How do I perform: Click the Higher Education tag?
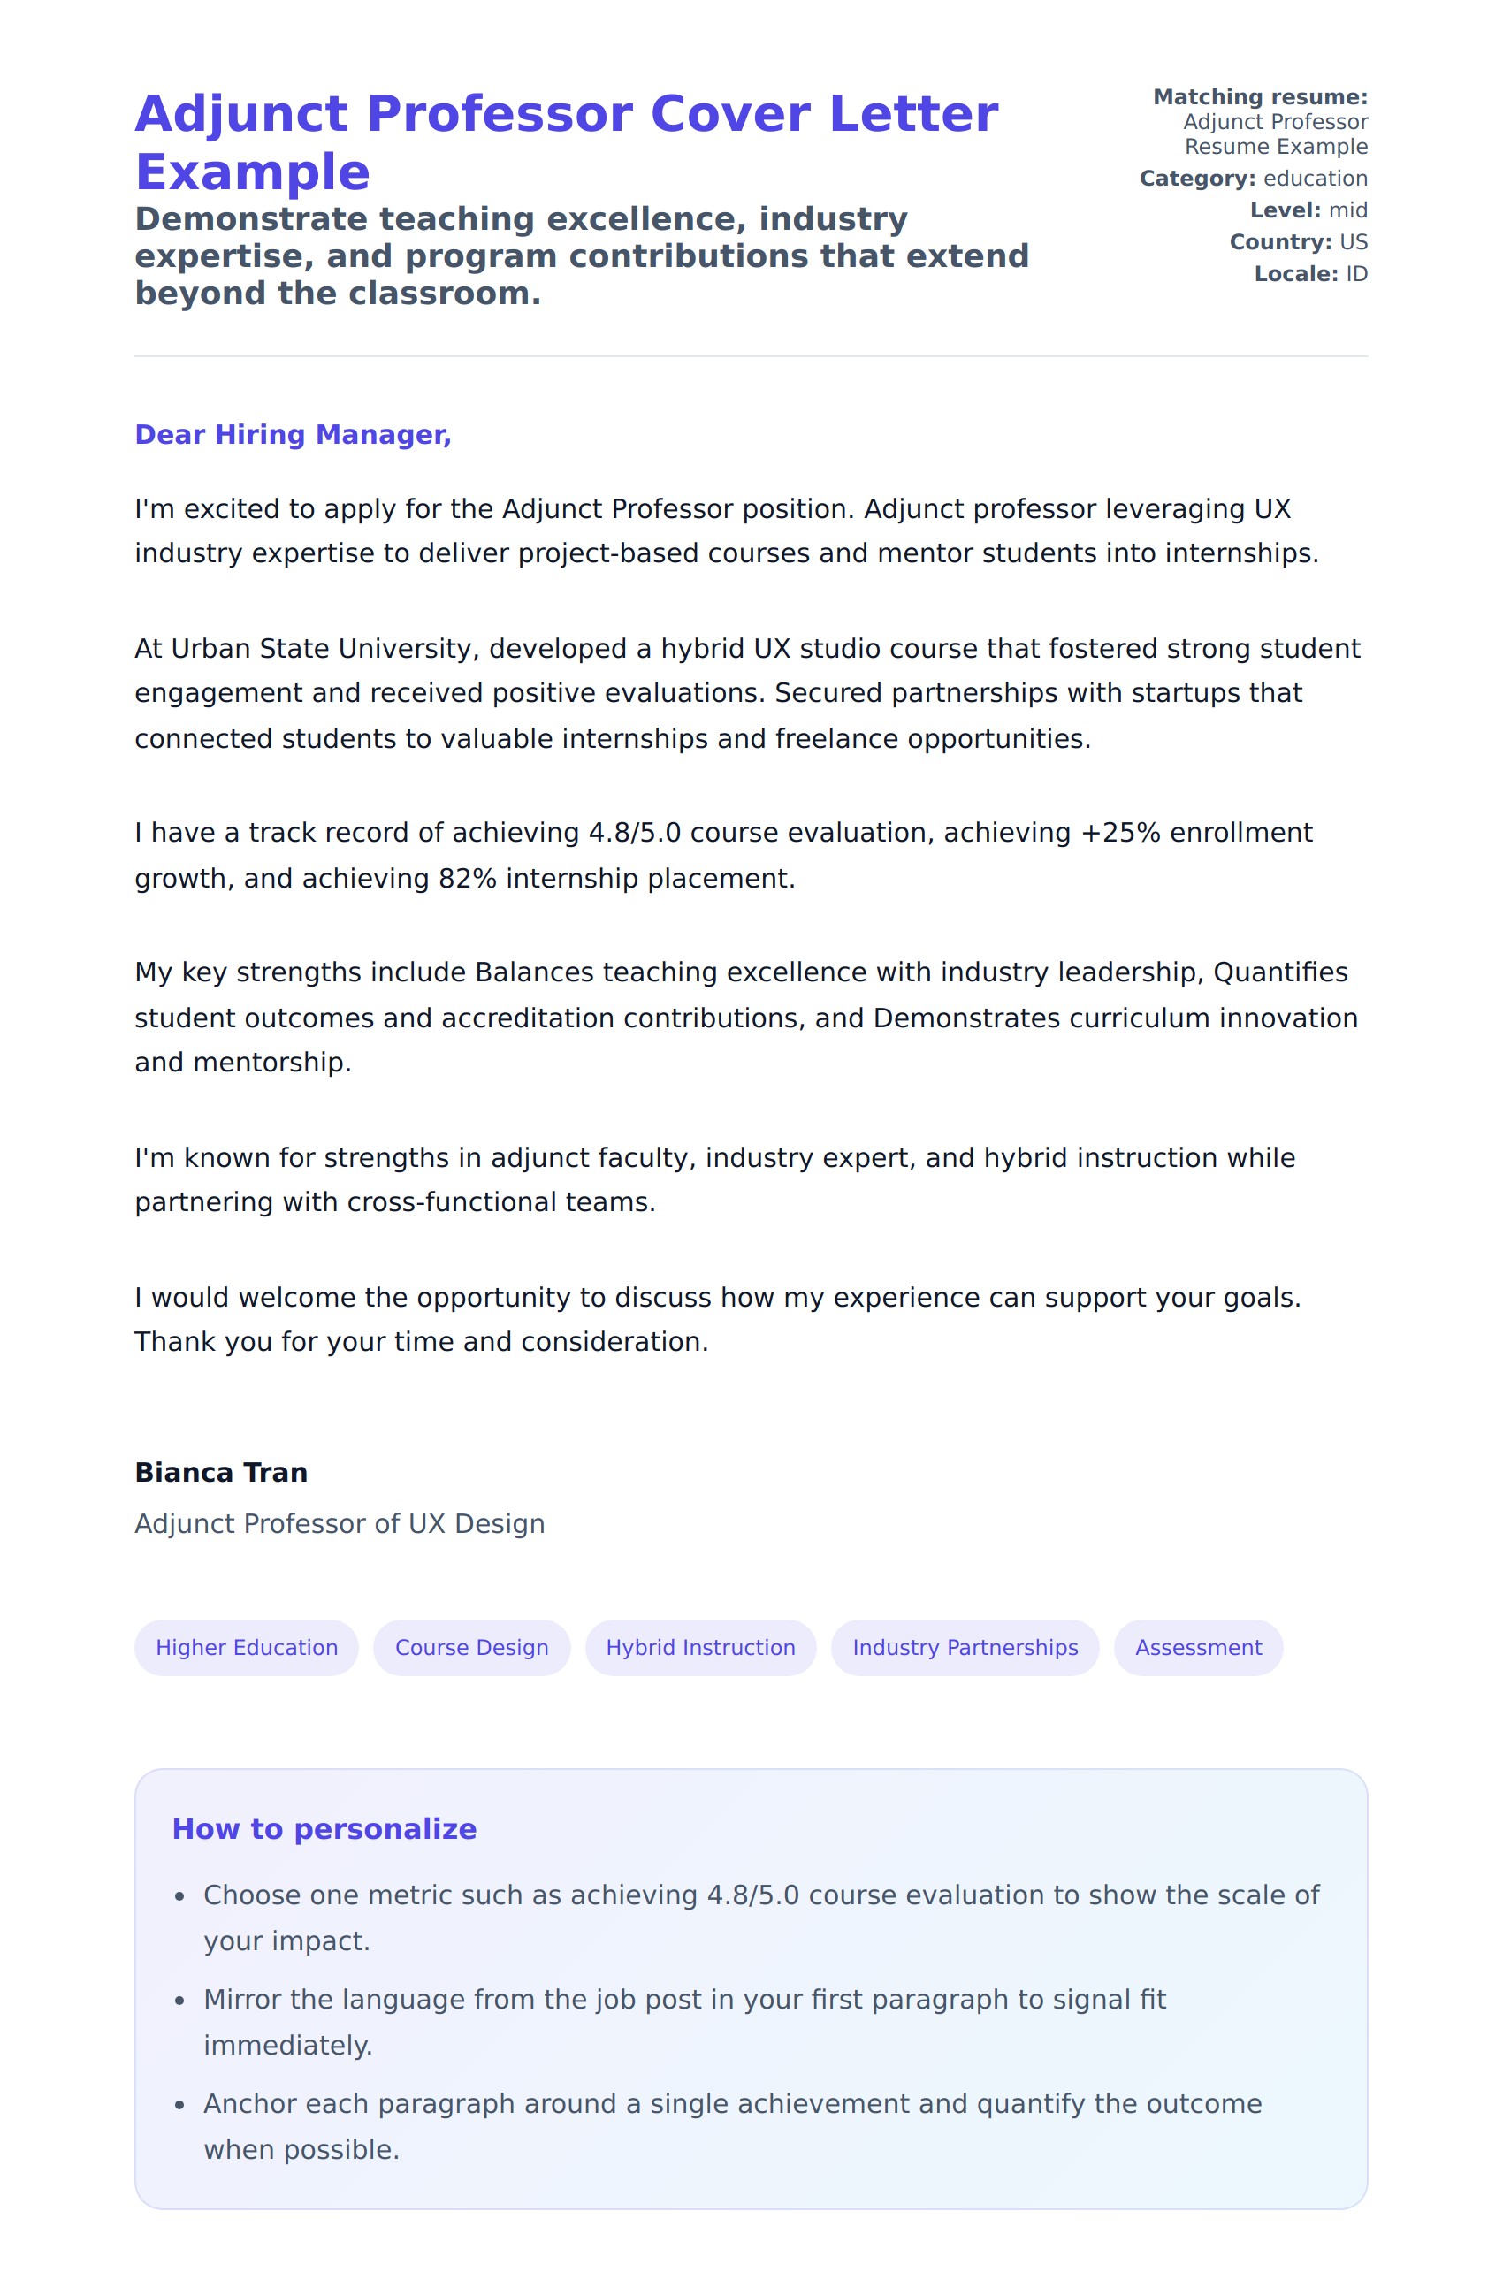[246, 1647]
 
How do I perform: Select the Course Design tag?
[471, 1647]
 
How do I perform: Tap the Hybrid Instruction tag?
[700, 1647]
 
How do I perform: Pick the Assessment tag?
[1197, 1647]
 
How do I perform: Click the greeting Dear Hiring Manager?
[292, 435]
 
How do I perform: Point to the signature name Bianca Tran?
[221, 1473]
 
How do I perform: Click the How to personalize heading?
[324, 1828]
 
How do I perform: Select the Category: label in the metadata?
[1196, 179]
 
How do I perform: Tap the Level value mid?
[1347, 210]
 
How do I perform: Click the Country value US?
[1353, 242]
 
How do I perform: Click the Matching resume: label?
[1259, 97]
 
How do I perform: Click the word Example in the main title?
[252, 172]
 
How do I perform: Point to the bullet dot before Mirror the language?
[179, 2001]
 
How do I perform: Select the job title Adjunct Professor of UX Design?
[340, 1523]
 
